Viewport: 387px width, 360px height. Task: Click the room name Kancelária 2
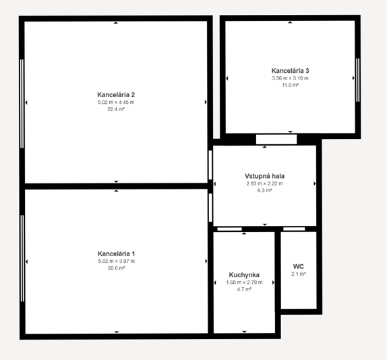point(116,95)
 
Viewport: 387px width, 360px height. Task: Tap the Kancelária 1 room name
point(116,253)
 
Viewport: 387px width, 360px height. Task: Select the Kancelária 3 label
point(290,71)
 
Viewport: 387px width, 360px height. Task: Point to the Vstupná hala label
point(264,176)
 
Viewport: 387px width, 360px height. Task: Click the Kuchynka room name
point(244,275)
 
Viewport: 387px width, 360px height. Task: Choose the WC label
point(299,266)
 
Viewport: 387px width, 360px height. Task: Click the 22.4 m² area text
point(116,109)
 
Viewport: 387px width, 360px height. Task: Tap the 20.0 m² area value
point(116,268)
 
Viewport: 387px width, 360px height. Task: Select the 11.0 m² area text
point(290,85)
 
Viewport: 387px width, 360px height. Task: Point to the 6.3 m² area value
point(264,191)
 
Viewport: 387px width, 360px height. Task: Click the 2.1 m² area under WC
point(299,274)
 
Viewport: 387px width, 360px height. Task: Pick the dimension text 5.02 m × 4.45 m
point(116,102)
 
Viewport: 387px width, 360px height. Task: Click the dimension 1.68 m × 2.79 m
point(244,282)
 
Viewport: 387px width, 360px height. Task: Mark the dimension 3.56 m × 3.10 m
point(290,78)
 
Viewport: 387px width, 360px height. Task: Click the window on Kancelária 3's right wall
point(358,80)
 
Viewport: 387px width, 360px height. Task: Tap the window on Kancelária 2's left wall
point(22,104)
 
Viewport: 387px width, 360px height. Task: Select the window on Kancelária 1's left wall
point(22,258)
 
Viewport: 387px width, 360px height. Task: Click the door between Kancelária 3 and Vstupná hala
point(276,140)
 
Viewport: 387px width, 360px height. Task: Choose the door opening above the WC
point(294,229)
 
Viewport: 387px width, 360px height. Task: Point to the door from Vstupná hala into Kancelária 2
point(210,165)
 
